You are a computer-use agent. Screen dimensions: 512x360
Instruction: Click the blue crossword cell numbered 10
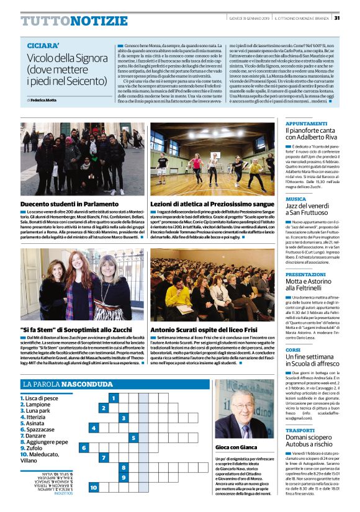(93, 488)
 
